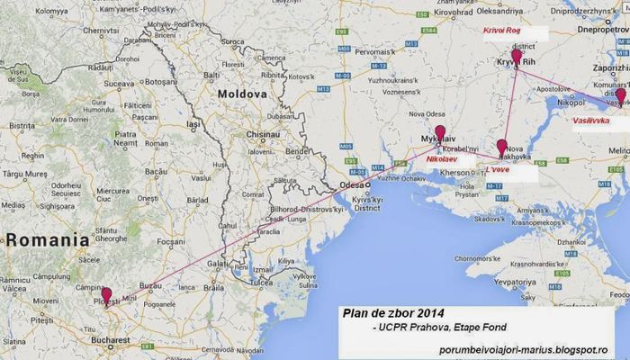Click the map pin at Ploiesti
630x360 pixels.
coord(106,294)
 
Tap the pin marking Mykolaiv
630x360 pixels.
coord(439,133)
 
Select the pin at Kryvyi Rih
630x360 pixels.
coord(516,57)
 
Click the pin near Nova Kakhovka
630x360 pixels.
coord(501,147)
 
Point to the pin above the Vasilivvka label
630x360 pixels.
coord(620,95)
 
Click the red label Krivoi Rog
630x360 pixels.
coord(502,31)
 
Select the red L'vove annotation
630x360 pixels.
coord(499,167)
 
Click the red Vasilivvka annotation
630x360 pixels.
coord(591,120)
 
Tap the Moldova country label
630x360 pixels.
coord(241,94)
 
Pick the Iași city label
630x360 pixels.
coord(192,124)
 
